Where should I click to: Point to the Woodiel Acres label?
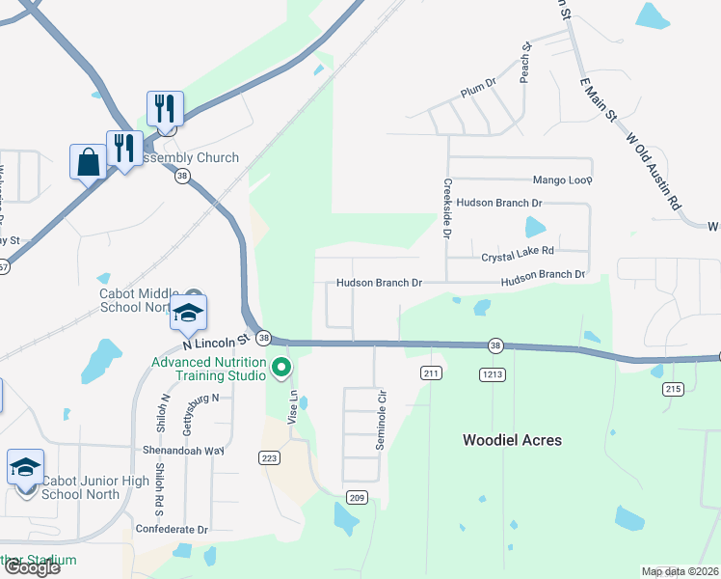click(512, 440)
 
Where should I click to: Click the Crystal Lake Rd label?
click(518, 251)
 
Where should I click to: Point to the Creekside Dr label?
click(447, 207)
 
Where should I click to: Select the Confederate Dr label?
click(173, 530)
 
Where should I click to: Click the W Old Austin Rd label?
click(654, 172)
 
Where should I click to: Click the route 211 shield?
click(431, 372)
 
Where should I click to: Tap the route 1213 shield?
click(491, 372)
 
